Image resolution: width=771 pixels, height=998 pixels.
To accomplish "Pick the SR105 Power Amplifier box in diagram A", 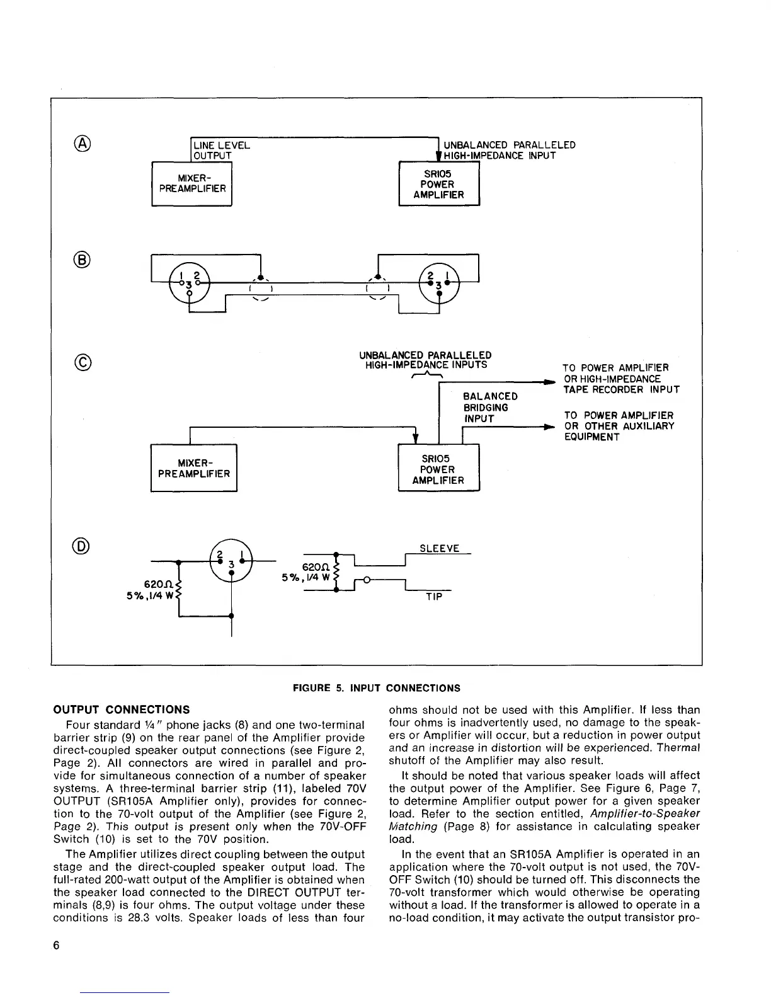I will point(439,185).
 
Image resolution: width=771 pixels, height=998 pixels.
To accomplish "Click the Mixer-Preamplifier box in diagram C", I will point(194,468).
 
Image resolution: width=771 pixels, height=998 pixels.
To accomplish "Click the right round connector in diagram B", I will point(439,282).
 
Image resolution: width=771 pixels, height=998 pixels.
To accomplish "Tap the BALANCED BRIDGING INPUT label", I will point(489,408).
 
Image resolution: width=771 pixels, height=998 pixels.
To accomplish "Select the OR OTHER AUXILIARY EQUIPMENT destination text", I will point(619,427).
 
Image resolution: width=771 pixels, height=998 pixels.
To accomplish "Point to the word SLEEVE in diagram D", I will point(439,549).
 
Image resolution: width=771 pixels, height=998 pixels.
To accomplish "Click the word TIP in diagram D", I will point(434,597).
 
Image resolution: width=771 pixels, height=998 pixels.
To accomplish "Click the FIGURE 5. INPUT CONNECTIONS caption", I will point(377,688).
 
